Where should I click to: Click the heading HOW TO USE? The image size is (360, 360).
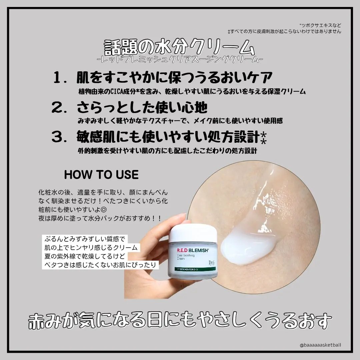101,175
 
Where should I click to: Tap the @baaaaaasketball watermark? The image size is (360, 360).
320,345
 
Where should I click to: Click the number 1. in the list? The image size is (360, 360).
60,77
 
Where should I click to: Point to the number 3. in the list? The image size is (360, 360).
59,137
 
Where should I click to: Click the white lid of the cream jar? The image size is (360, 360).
193,233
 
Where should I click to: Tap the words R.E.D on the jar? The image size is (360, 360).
182,250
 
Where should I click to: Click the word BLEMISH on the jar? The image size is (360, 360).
198,250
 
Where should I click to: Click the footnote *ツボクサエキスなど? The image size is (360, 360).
320,25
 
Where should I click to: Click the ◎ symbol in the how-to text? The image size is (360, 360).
104,210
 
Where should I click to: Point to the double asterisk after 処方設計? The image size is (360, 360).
264,138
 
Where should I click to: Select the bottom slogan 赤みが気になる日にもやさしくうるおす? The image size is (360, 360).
180,321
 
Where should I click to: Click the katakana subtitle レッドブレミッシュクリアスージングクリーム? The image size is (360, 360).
180,60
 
